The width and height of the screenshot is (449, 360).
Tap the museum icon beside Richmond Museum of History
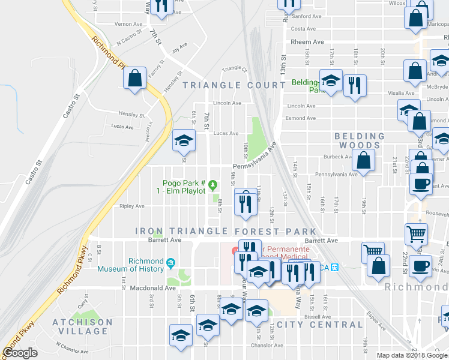tap(171, 262)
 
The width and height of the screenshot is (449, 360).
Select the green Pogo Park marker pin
tap(212, 183)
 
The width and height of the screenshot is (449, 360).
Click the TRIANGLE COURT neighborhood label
tap(225, 85)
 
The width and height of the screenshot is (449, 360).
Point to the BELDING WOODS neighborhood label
tap(359, 140)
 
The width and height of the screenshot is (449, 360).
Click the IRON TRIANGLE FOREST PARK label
tap(226, 231)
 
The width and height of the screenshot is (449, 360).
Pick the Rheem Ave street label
tap(307, 42)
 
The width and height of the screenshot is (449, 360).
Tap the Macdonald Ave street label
tap(152, 288)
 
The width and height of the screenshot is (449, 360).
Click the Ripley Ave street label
tap(132, 206)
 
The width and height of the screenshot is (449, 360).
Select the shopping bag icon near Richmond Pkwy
tap(135, 78)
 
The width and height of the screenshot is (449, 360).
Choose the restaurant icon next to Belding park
tap(355, 85)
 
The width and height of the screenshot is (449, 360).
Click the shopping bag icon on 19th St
tap(364, 160)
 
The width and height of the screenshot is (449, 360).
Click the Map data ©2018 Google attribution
tap(412, 355)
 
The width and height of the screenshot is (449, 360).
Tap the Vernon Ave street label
tap(128, 24)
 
